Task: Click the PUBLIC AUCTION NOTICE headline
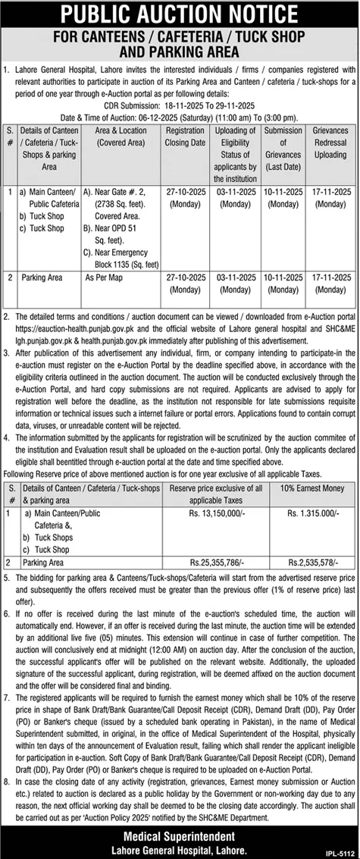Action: point(180,13)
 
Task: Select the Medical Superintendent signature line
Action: point(180,831)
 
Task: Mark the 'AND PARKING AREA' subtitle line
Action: point(180,51)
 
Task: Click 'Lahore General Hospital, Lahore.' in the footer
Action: point(180,845)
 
